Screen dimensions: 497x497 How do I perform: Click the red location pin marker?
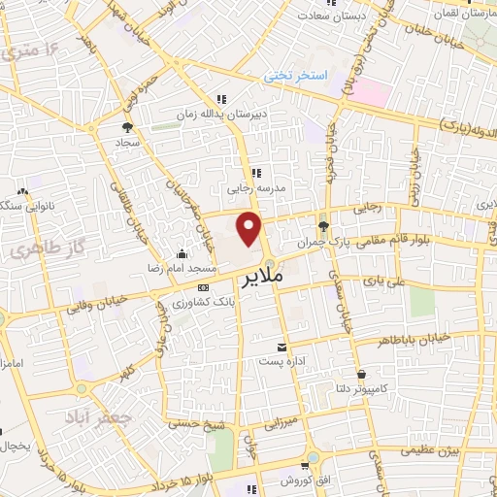pos(250,230)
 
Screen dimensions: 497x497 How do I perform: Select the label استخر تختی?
pos(298,75)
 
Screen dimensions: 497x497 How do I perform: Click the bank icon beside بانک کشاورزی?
pos(203,288)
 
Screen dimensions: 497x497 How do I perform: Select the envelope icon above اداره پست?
pos(282,347)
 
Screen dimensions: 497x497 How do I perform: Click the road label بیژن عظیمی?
pos(426,451)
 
